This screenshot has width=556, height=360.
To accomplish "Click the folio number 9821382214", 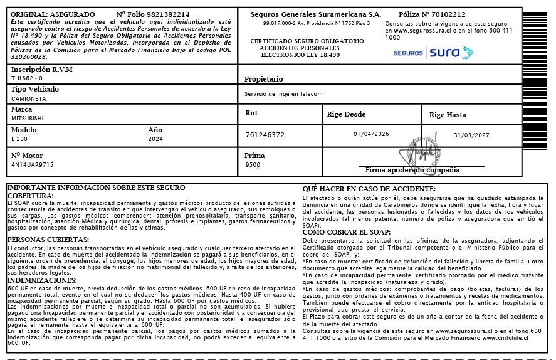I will click(167, 14).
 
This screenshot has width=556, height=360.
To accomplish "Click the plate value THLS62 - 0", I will click(27, 78).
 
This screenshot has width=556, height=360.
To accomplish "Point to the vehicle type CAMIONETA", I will click(29, 98).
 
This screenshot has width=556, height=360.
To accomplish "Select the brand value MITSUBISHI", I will click(28, 117).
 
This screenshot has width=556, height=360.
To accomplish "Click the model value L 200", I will click(19, 138).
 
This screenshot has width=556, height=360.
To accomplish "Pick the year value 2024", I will click(155, 139).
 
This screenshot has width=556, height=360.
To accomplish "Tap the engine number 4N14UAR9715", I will click(33, 164).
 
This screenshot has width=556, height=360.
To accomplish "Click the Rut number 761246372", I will click(265, 135).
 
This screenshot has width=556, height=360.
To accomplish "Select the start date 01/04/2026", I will click(371, 134).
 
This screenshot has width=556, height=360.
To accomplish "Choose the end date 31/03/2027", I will click(471, 135).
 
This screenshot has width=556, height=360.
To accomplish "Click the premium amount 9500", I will click(253, 165).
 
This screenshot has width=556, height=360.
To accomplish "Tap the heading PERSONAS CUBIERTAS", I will click(48, 240).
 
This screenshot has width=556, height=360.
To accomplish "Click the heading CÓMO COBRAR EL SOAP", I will click(347, 232).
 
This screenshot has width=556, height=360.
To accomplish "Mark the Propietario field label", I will click(263, 79).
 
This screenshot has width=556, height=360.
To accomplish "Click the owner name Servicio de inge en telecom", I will click(283, 94).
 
